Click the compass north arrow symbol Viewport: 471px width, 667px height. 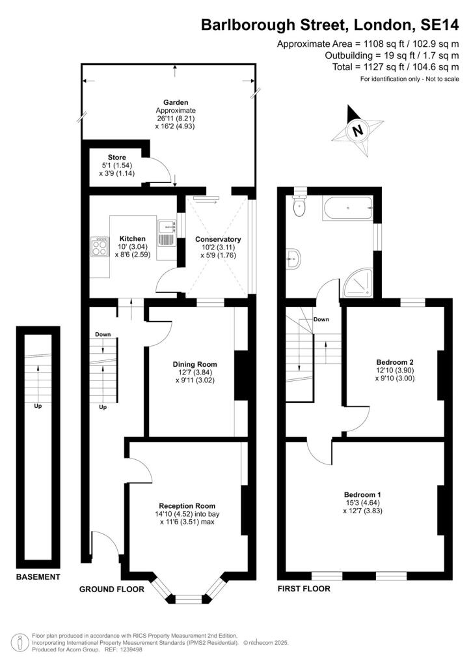357,129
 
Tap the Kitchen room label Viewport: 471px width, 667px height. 132,238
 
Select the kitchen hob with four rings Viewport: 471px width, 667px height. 100,246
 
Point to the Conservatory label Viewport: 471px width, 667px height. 218,239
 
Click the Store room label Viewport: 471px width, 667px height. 117,158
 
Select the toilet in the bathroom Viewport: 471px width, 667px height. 299,207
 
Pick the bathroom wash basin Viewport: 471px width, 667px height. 293,259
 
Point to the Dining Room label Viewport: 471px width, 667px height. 195,364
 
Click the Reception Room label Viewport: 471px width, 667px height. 187,505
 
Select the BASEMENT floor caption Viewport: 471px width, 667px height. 38,577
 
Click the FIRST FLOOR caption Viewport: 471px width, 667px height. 304,589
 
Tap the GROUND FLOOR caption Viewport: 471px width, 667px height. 111,589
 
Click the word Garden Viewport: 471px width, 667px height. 176,102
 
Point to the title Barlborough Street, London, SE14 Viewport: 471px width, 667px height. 330,25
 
